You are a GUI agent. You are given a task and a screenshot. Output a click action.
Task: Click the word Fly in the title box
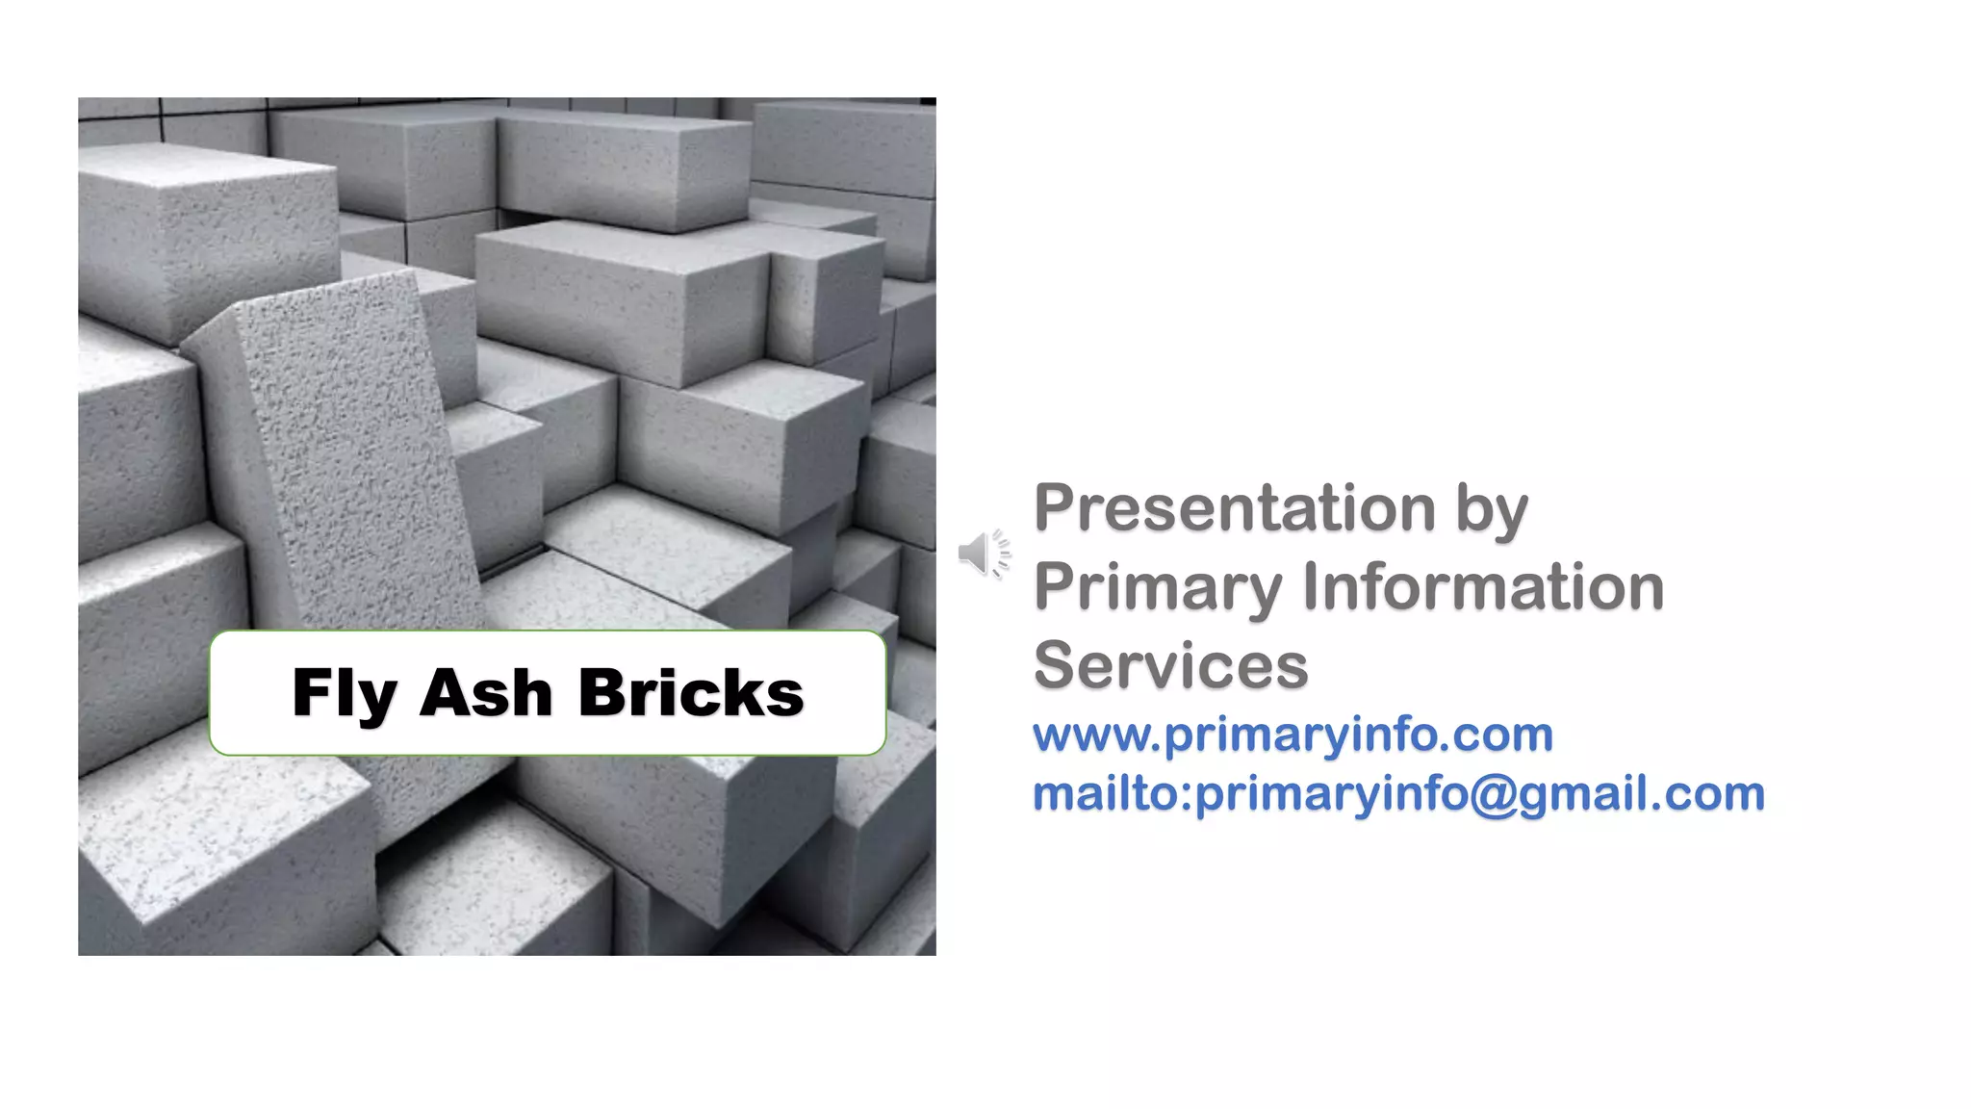tap(344, 693)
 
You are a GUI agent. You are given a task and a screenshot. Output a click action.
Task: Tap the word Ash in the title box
tap(485, 693)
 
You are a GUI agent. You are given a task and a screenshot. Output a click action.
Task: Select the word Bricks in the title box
tap(690, 693)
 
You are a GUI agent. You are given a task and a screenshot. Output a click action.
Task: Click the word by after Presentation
tap(1491, 510)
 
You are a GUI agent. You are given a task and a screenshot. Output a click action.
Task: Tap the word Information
tap(1483, 586)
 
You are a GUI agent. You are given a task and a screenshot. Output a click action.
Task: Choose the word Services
tap(1170, 665)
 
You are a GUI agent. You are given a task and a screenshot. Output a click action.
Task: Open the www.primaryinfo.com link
tap(1293, 735)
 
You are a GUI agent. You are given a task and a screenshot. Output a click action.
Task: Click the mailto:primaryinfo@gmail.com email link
tap(1398, 794)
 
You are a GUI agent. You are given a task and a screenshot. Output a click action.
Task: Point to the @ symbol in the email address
tap(1493, 795)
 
